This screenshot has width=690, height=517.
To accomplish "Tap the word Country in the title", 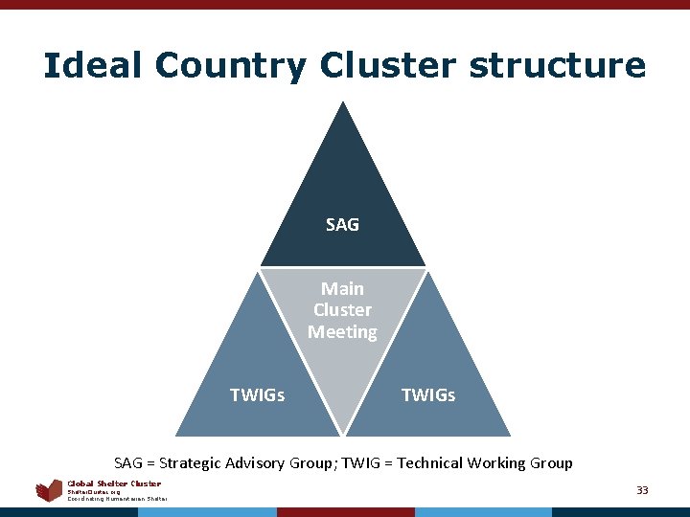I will pos(230,65).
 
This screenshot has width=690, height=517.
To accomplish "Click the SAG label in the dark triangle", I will pos(342,225).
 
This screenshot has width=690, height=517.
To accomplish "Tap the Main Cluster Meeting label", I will pos(342,310).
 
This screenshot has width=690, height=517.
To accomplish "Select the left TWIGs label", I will pos(257,394).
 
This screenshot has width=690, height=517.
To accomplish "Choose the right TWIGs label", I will pos(427,394).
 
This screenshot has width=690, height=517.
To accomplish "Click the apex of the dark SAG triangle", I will pos(343,103).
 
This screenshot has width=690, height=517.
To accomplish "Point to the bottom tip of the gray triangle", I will pos(342,434).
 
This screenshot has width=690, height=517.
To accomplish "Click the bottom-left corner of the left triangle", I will pos(177,436).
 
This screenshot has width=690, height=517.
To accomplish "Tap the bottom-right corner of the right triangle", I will pos(509,436).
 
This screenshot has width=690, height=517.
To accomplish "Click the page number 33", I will pos(642,490).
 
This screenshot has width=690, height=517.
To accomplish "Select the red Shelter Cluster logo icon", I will pos(49,491).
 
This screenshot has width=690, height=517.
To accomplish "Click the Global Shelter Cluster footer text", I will pos(114,483).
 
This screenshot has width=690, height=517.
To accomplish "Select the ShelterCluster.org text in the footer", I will pos(94,491).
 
